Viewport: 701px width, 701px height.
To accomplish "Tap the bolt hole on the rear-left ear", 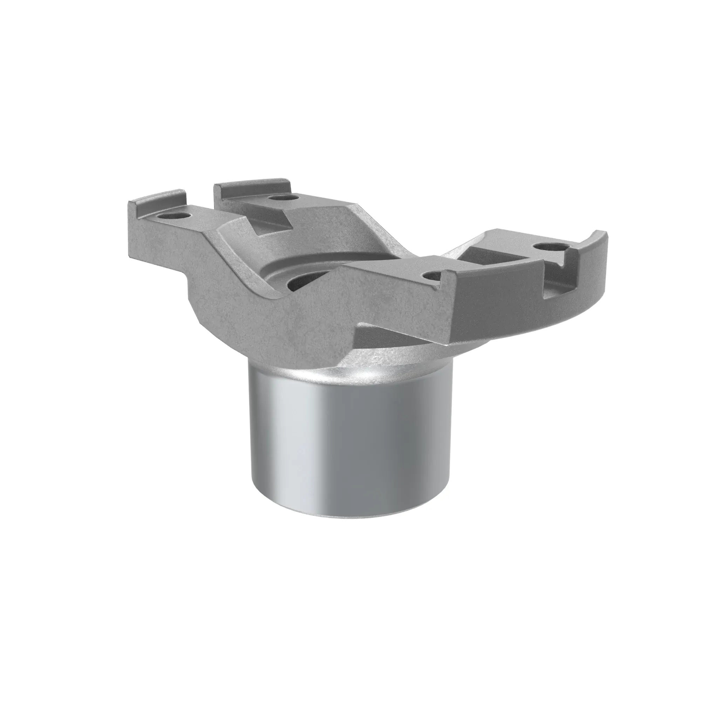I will (282, 198).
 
